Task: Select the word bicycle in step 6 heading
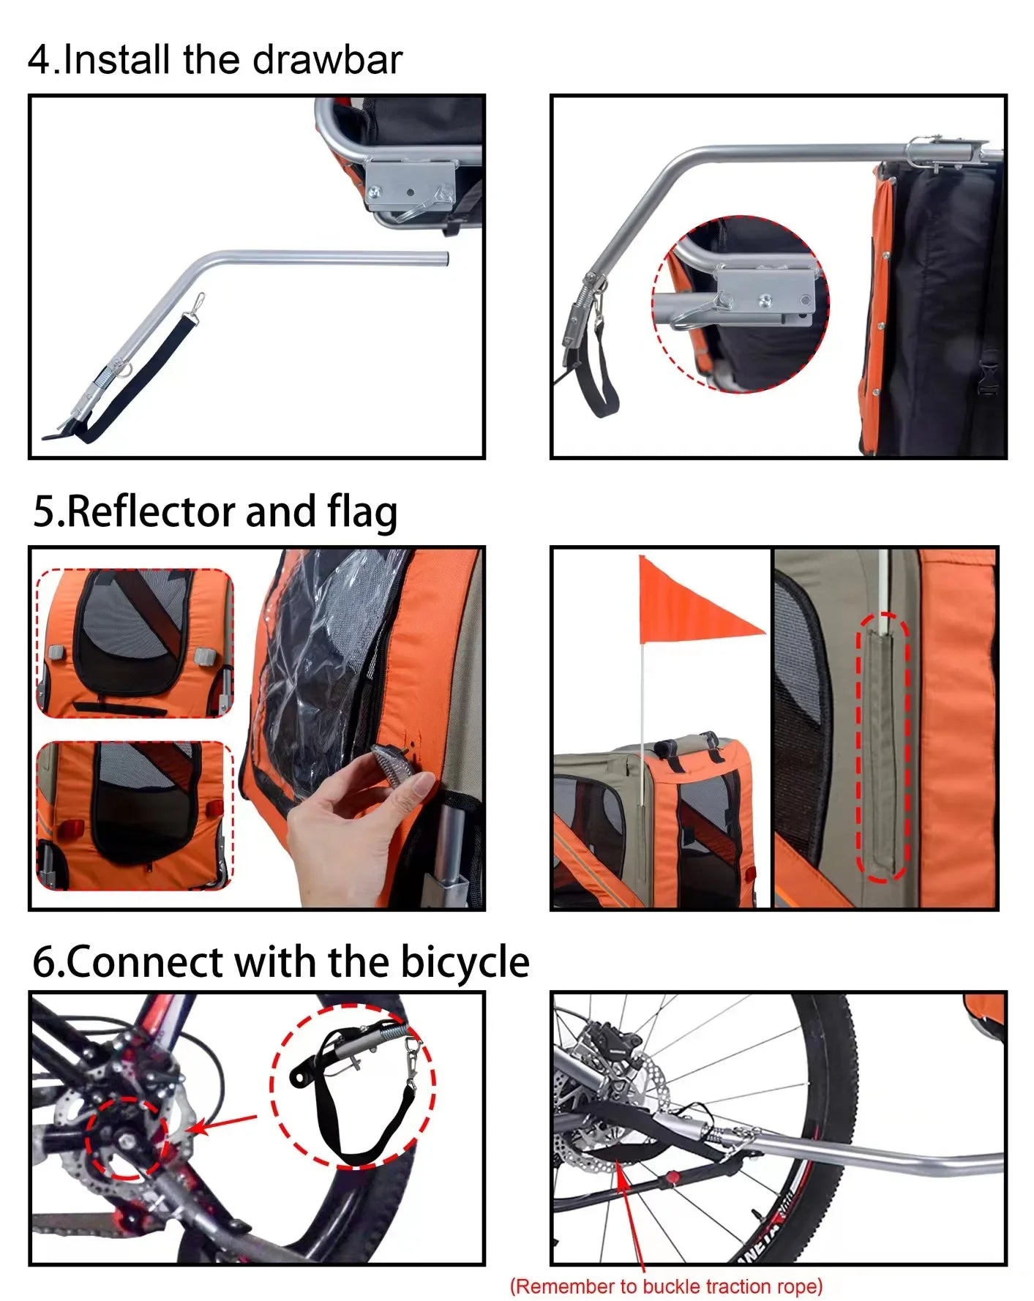pyautogui.click(x=465, y=961)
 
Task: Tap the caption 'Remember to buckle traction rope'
pyautogui.click(x=666, y=1286)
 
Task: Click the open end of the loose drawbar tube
pyautogui.click(x=445, y=258)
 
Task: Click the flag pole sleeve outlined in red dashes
pyautogui.click(x=883, y=746)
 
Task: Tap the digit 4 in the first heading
pyautogui.click(x=40, y=60)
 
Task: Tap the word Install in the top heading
pyautogui.click(x=118, y=59)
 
